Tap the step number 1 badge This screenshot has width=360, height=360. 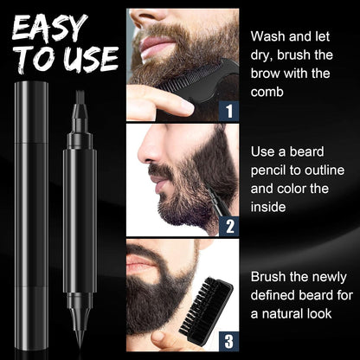[227, 110]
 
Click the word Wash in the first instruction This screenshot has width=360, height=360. [269, 36]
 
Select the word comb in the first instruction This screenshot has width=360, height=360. [267, 93]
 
